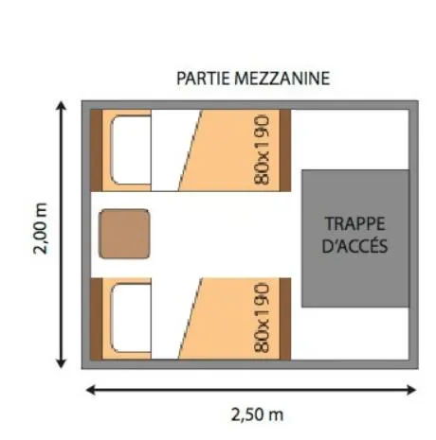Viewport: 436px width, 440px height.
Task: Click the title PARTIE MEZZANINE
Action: [253, 79]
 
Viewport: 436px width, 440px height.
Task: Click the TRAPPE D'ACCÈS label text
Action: [354, 236]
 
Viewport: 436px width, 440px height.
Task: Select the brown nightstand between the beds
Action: [125, 234]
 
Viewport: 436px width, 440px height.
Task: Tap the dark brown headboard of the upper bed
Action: [96, 150]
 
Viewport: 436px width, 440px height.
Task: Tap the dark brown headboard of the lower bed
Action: [96, 318]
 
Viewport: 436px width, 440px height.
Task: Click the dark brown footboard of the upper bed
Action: [283, 150]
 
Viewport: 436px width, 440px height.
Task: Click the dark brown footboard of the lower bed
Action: [283, 318]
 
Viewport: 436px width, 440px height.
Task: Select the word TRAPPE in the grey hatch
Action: [354, 225]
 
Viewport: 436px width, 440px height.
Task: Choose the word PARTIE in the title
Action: [203, 79]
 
